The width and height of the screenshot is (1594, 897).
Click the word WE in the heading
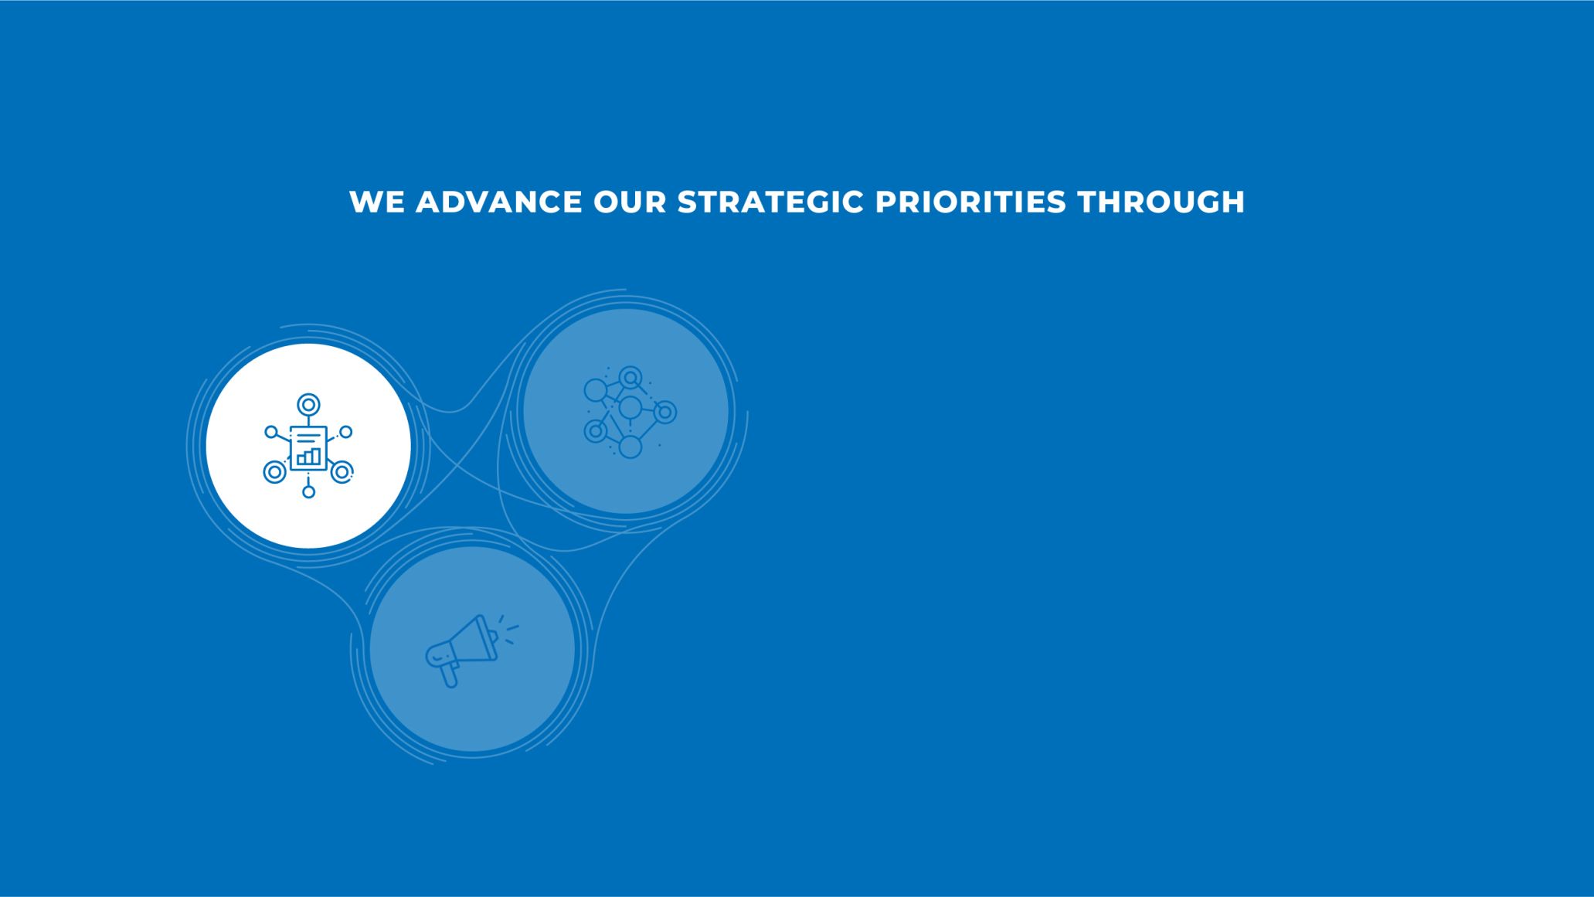tap(376, 202)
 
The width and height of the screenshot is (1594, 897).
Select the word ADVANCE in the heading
tap(499, 202)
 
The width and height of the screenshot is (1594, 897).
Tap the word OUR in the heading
tap(630, 202)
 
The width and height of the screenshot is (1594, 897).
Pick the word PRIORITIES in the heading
tap(970, 202)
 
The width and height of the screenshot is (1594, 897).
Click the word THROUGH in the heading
tap(1161, 202)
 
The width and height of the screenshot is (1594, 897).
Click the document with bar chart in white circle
tap(308, 448)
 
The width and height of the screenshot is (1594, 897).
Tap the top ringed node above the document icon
tap(308, 404)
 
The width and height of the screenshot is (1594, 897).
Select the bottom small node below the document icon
tap(308, 491)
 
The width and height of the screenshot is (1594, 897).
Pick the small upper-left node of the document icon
tap(270, 432)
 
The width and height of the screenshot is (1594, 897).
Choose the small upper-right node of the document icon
tap(346, 432)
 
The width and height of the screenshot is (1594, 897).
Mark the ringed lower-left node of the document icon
tap(274, 471)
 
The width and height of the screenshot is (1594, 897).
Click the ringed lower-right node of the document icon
tap(342, 471)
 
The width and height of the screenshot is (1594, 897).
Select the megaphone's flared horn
tap(477, 640)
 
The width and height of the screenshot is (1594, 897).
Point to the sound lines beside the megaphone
tap(509, 630)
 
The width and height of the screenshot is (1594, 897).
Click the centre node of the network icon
tap(630, 407)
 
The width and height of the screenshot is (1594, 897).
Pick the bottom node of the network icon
tap(630, 447)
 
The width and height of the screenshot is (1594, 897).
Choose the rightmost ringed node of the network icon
tap(664, 412)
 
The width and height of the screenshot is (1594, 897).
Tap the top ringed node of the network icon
tap(630, 377)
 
